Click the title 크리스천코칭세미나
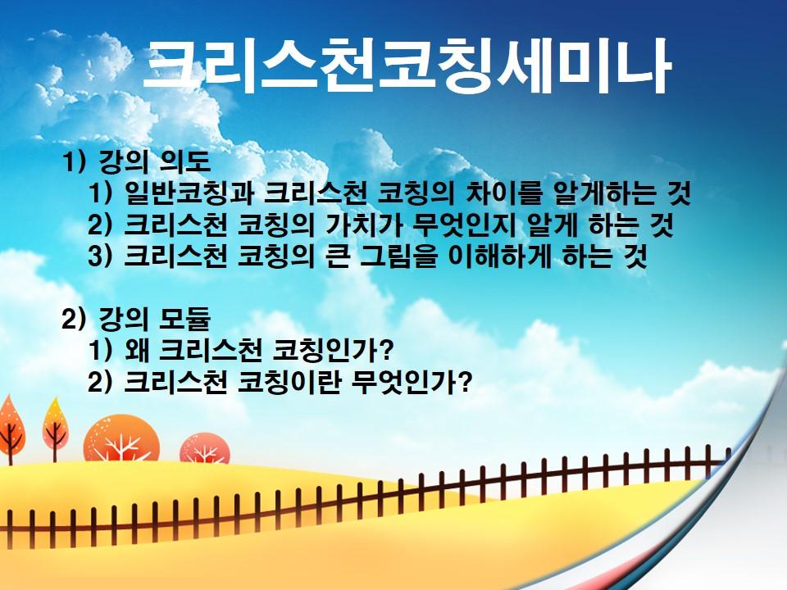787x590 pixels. pos(407,66)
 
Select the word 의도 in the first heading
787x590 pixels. pos(184,161)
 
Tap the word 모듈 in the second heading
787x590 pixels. pos(184,319)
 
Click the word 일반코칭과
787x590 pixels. pos(189,193)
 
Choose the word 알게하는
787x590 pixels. pos(603,193)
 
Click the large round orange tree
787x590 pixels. pos(121,439)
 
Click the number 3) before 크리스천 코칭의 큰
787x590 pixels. pos(99,256)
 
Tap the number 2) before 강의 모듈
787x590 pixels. pos(73,319)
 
